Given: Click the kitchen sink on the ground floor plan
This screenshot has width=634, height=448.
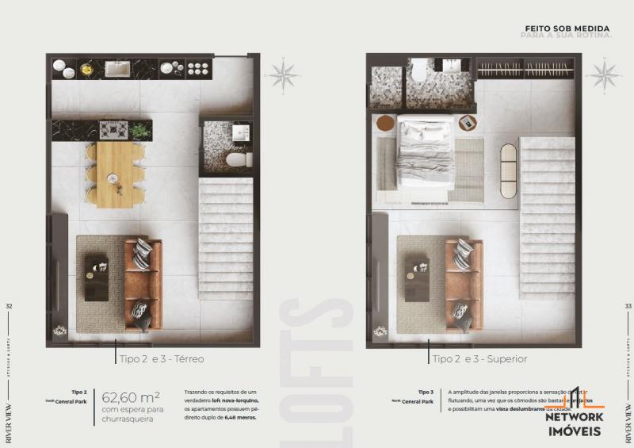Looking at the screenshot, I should (x=117, y=70).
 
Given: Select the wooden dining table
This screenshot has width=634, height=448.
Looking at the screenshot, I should (x=114, y=174).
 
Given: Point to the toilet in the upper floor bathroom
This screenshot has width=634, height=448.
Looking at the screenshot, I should (x=418, y=72).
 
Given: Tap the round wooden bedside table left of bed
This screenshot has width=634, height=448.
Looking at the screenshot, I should (x=384, y=124).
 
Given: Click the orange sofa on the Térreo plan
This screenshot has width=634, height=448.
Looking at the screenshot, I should (x=143, y=285).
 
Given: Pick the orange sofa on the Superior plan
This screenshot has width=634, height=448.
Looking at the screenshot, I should (x=464, y=285).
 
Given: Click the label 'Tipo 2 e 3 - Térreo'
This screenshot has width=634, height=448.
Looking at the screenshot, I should (x=162, y=358).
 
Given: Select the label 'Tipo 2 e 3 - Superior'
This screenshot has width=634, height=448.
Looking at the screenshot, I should (x=480, y=358).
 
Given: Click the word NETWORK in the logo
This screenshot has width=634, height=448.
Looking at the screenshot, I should (x=575, y=416).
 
